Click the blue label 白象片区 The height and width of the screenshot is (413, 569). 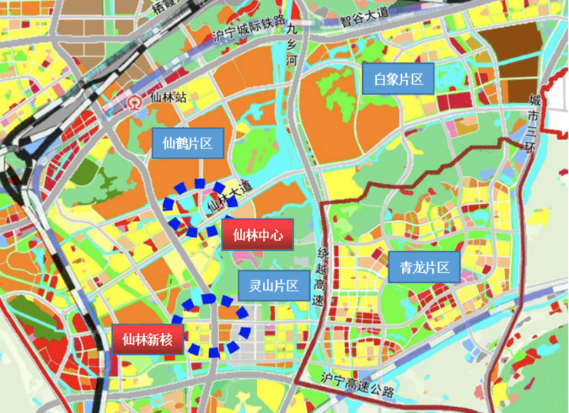pyautogui.click(x=399, y=78)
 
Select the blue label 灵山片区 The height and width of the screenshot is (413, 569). pyautogui.click(x=273, y=286)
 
